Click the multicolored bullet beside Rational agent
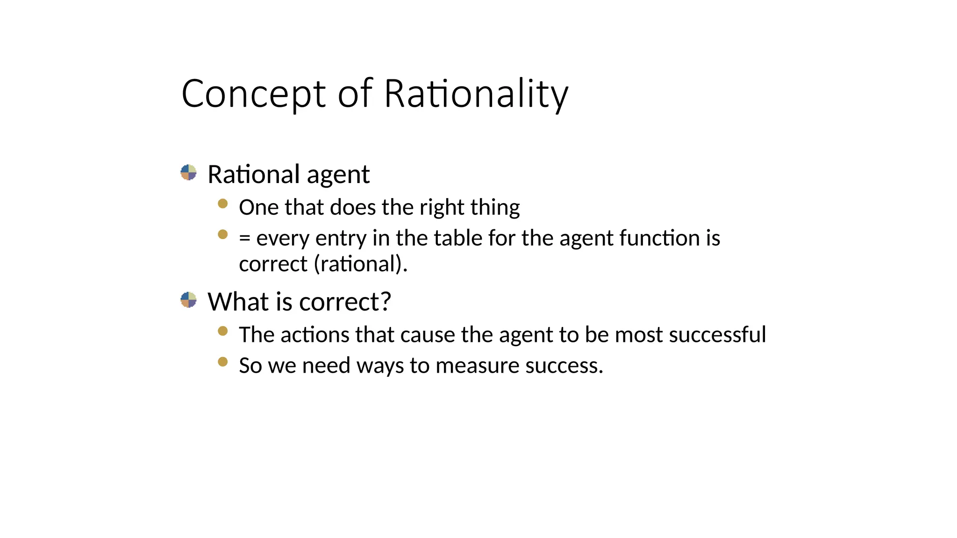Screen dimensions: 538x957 [188, 172]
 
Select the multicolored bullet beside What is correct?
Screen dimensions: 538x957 [188, 300]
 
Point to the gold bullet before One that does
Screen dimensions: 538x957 [223, 204]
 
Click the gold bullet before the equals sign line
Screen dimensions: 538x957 [223, 234]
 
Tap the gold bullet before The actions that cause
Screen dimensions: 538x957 [223, 331]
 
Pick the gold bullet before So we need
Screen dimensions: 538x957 [223, 362]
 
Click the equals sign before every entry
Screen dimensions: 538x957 [244, 239]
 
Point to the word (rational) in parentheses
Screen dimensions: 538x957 [360, 264]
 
